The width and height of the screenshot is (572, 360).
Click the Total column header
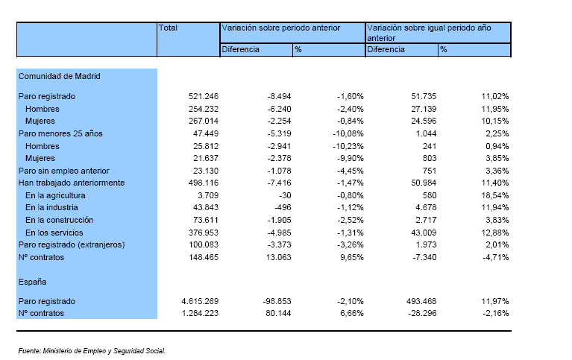(x=168, y=28)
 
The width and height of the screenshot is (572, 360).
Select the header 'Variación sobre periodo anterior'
(x=281, y=28)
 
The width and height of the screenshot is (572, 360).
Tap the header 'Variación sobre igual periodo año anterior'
(x=429, y=33)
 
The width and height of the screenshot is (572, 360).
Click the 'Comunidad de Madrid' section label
(x=60, y=76)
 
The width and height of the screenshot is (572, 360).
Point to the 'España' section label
(x=33, y=282)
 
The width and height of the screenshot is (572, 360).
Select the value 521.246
(x=204, y=96)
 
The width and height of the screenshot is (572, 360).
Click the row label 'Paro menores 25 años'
(x=60, y=133)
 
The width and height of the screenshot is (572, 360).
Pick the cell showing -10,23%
(x=348, y=146)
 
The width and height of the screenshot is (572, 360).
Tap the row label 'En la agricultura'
(x=55, y=195)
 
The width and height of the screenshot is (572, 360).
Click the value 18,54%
(x=495, y=195)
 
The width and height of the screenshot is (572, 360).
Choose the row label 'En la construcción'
(x=60, y=220)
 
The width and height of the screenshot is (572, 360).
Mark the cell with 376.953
(x=204, y=233)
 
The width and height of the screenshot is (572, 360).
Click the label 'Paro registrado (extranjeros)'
(x=72, y=244)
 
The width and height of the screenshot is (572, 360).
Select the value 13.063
(x=279, y=257)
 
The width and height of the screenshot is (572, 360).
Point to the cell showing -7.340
(x=424, y=257)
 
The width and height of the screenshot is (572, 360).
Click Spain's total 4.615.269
(x=200, y=301)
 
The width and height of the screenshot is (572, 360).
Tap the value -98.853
(x=277, y=301)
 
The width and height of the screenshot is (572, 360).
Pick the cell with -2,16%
(x=495, y=313)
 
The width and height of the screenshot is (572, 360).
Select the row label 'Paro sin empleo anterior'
(x=64, y=171)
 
